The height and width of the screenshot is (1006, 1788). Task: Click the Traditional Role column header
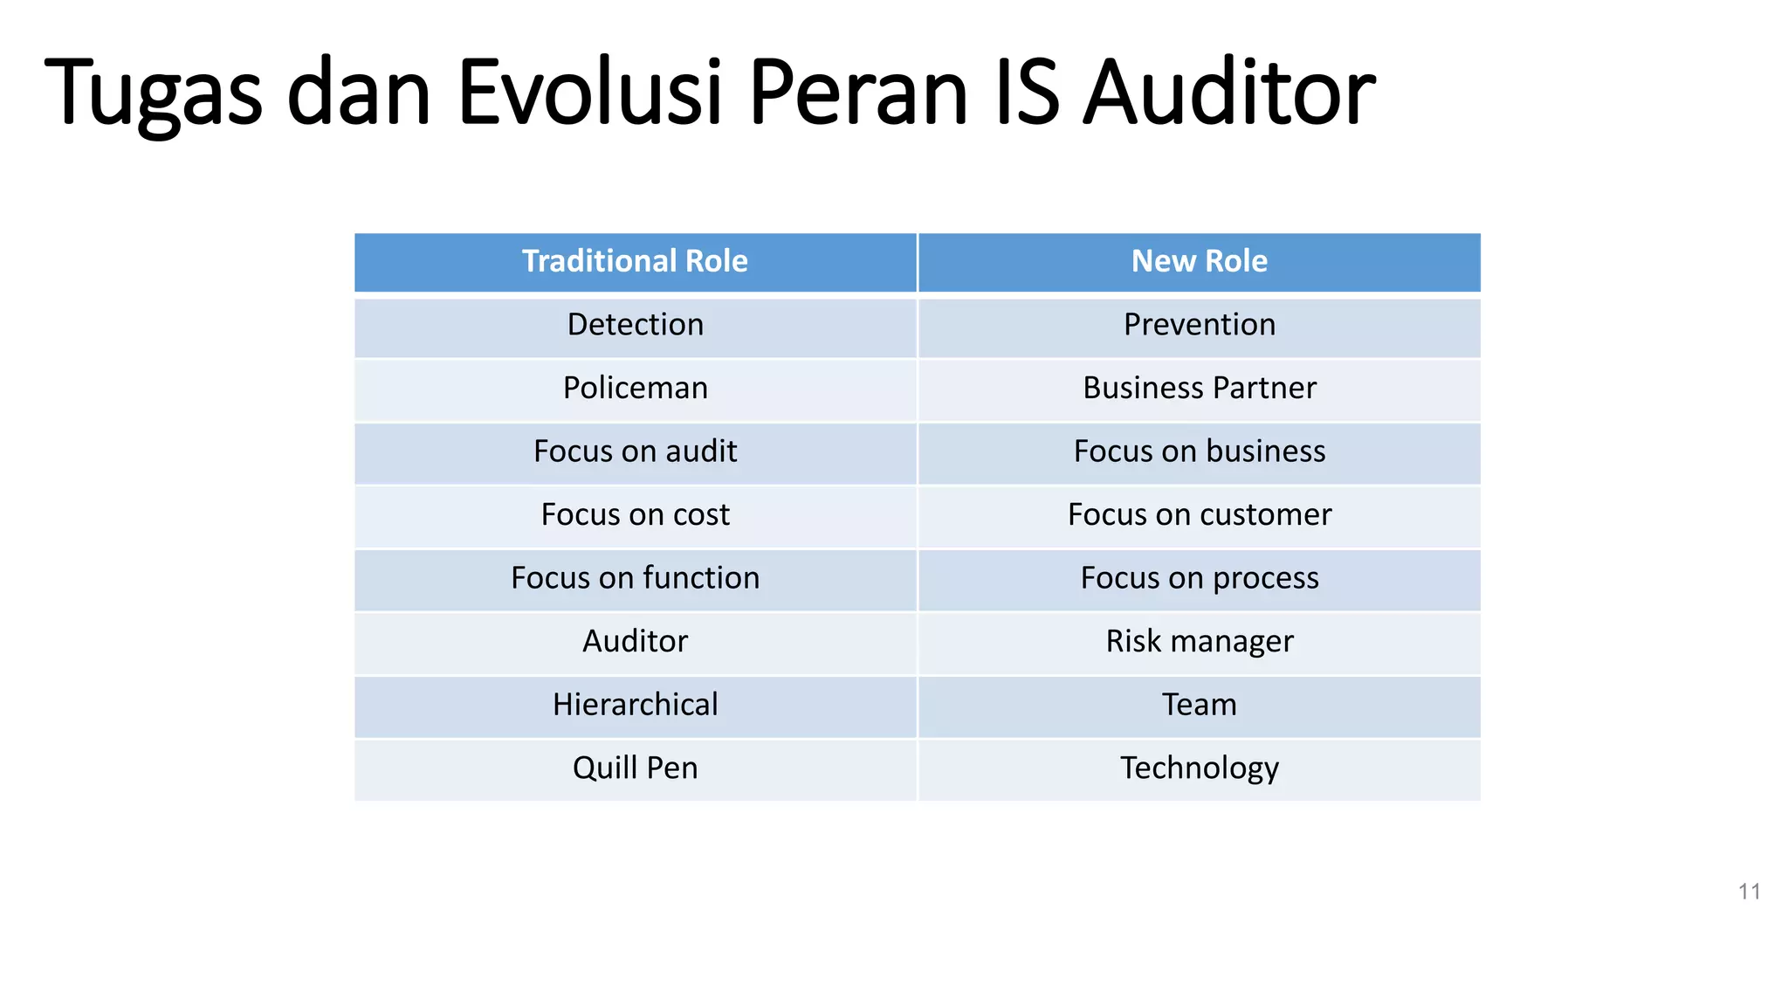(x=635, y=261)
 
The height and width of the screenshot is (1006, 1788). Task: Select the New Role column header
(x=1199, y=261)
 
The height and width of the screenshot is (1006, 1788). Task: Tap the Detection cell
(x=635, y=325)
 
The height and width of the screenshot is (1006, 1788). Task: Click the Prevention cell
(x=1199, y=325)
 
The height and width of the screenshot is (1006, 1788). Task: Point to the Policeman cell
(x=635, y=388)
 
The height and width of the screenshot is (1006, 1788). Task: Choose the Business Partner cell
(x=1199, y=388)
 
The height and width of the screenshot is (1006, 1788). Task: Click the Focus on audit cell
(x=635, y=451)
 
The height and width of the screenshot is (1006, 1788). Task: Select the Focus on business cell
(x=1199, y=451)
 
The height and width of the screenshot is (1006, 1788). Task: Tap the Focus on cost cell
(x=635, y=514)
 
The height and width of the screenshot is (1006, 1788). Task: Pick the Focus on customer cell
(x=1199, y=514)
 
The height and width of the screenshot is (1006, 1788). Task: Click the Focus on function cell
(x=635, y=578)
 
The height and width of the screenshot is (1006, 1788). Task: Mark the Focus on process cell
(x=1199, y=578)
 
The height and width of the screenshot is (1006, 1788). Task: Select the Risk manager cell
(x=1199, y=641)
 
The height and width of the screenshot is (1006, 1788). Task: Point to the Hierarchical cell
(x=635, y=705)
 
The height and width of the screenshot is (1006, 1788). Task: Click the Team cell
(x=1199, y=705)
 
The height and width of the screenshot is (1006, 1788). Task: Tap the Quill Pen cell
(x=635, y=768)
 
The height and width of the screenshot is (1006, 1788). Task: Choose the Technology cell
(x=1199, y=768)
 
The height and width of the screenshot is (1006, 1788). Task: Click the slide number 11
(x=1749, y=892)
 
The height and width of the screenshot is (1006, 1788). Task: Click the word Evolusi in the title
(x=590, y=92)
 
